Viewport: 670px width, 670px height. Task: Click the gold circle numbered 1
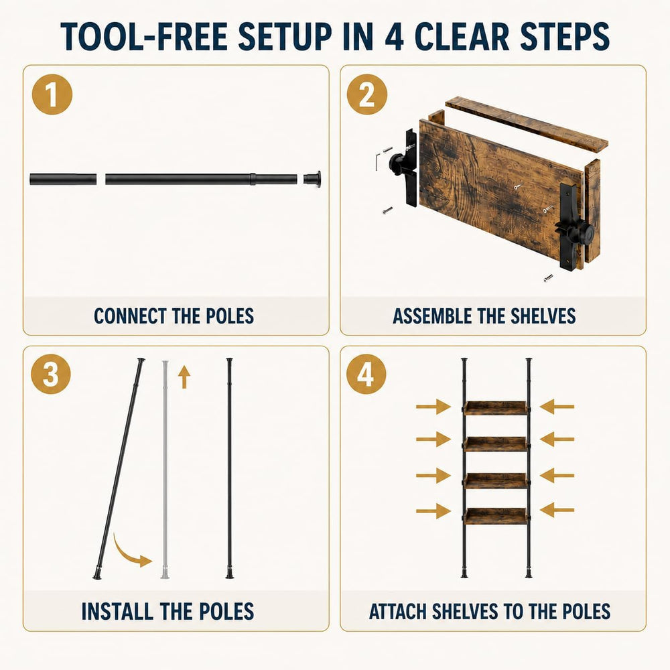(52, 94)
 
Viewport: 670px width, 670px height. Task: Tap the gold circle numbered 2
(366, 94)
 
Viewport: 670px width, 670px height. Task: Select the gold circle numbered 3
(51, 374)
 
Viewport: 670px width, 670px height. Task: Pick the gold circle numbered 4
(366, 374)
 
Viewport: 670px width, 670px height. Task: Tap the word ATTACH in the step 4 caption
(397, 612)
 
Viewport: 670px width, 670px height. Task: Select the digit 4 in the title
(394, 37)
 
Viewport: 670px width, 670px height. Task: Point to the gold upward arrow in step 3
(184, 377)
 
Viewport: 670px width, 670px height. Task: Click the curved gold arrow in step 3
(127, 552)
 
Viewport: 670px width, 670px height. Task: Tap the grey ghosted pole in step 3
(165, 470)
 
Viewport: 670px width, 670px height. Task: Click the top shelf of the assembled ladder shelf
(496, 408)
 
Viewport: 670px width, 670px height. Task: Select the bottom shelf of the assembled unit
(496, 516)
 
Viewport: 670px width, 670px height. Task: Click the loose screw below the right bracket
(548, 278)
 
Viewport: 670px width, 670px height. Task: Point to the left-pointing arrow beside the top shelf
(557, 407)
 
